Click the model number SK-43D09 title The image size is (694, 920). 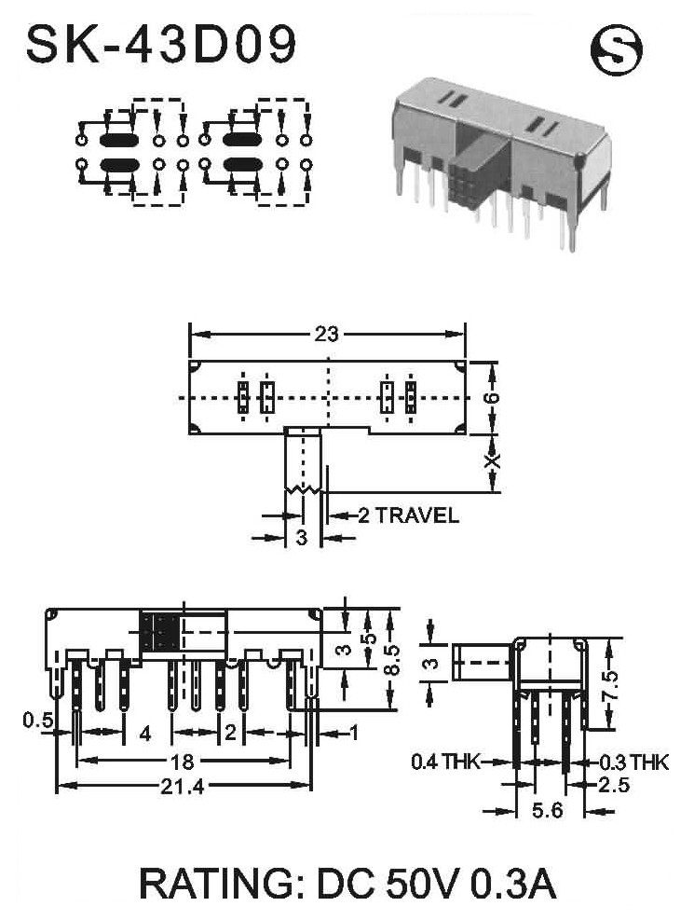tap(161, 45)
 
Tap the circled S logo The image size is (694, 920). tap(616, 50)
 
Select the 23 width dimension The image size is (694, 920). tap(326, 334)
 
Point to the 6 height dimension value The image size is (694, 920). tap(493, 397)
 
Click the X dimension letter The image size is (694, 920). tap(494, 461)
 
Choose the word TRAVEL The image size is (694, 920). tap(416, 515)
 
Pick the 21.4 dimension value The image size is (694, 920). tap(183, 786)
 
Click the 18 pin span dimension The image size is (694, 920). tap(182, 762)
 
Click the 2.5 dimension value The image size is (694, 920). tap(614, 784)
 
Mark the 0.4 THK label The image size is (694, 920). tap(445, 762)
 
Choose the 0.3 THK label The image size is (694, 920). tap(633, 762)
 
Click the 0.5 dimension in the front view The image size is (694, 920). tap(38, 720)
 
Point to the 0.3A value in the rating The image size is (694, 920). tap(513, 885)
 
